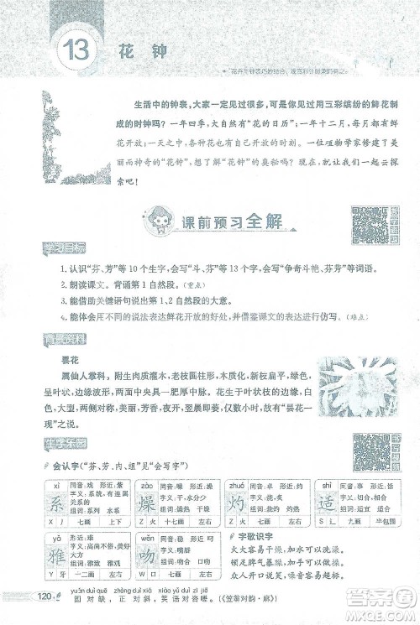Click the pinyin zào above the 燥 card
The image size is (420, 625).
pos(144,484)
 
